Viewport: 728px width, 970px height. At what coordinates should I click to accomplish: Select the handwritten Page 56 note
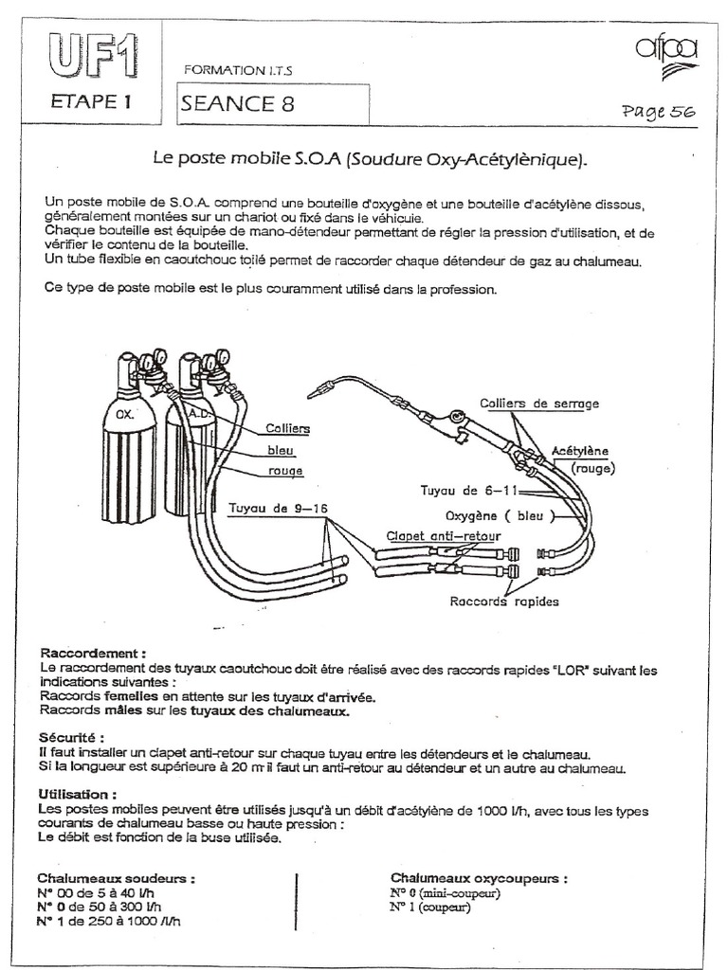[x=658, y=111]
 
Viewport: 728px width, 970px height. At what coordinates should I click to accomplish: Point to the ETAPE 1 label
[x=89, y=103]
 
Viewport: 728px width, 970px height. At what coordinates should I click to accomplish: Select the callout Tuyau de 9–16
[x=278, y=508]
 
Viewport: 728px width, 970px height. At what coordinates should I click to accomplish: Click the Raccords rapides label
[x=504, y=601]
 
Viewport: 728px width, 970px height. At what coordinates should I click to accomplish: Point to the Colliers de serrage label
[x=539, y=404]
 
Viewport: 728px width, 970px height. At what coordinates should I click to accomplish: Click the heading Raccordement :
[x=93, y=654]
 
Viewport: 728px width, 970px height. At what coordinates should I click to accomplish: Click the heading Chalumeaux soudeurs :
[x=117, y=878]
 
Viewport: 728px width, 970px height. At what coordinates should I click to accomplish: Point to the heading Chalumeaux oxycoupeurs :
[x=480, y=878]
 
